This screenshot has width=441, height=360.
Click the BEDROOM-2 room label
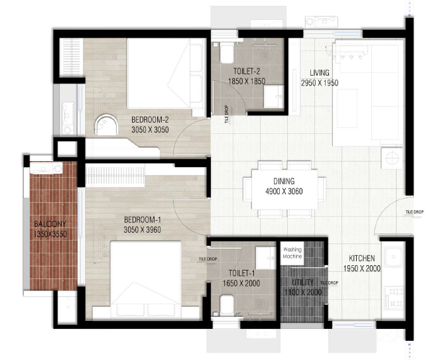click(x=150, y=120)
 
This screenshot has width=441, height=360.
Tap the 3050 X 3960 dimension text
click(x=143, y=230)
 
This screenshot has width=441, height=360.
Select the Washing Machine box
click(x=292, y=253)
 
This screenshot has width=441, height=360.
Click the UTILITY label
click(x=302, y=282)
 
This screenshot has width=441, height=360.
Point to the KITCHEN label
click(x=361, y=258)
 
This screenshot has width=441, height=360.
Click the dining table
click(x=284, y=189)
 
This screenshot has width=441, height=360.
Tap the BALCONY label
click(x=50, y=224)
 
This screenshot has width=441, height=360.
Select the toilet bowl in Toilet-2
click(x=226, y=53)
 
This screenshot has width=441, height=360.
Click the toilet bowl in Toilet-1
click(x=227, y=304)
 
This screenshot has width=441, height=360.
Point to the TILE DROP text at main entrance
click(x=414, y=212)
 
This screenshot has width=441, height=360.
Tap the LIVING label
click(x=320, y=72)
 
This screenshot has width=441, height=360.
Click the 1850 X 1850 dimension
click(x=247, y=82)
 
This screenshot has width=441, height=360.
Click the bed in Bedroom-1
click(x=146, y=280)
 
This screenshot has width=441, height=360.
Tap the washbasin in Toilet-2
click(x=274, y=97)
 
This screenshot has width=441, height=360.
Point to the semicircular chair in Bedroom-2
click(x=106, y=125)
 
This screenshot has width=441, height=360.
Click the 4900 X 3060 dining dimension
click(x=284, y=192)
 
